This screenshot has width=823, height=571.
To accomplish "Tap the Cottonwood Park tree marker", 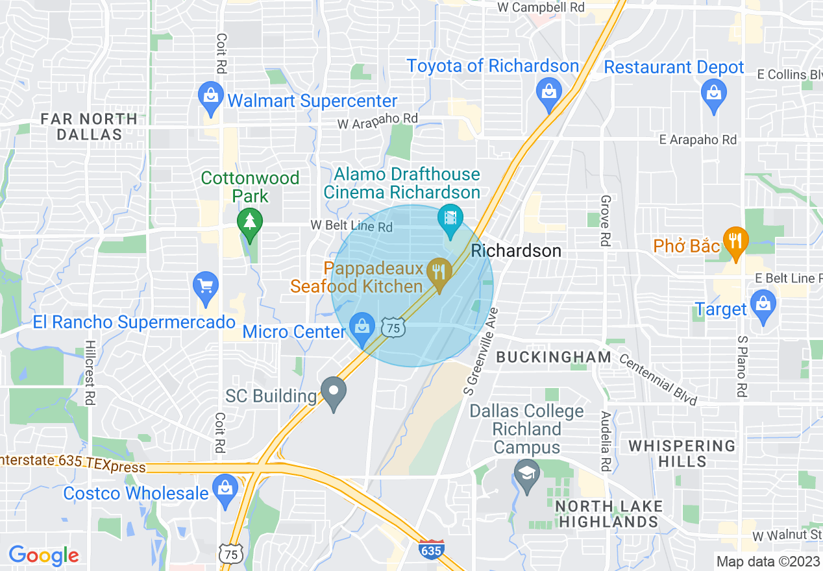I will tap(249, 223).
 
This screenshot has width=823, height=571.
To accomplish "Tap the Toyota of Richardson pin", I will tap(548, 93).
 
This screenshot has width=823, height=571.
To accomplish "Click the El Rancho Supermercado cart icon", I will tap(206, 287).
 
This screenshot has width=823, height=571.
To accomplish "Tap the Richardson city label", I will tap(516, 250).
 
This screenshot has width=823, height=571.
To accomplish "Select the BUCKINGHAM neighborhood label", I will tap(554, 357).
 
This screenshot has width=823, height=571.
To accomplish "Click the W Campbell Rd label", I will tap(541, 7).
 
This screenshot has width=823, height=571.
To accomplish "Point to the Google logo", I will tap(44, 555).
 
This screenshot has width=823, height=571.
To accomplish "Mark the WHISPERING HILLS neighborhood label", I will tap(682, 454).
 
